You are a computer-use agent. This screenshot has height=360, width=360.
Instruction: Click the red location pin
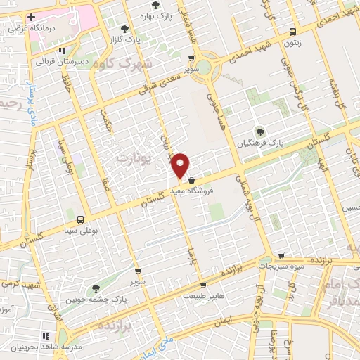tap(181, 164)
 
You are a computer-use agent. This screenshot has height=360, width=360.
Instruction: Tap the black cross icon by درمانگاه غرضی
tap(31, 16)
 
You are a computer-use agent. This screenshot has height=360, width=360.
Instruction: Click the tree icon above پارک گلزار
tap(125, 29)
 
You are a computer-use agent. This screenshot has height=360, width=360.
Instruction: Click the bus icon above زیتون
tap(292, 31)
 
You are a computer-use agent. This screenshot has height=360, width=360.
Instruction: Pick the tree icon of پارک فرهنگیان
tap(259, 131)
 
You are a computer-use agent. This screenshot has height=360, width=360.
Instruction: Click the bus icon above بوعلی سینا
tap(80, 219)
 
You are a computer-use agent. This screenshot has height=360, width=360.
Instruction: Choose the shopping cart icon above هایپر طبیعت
tap(203, 285)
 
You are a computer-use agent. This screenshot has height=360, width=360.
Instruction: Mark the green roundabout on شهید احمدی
tap(203, 67)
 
